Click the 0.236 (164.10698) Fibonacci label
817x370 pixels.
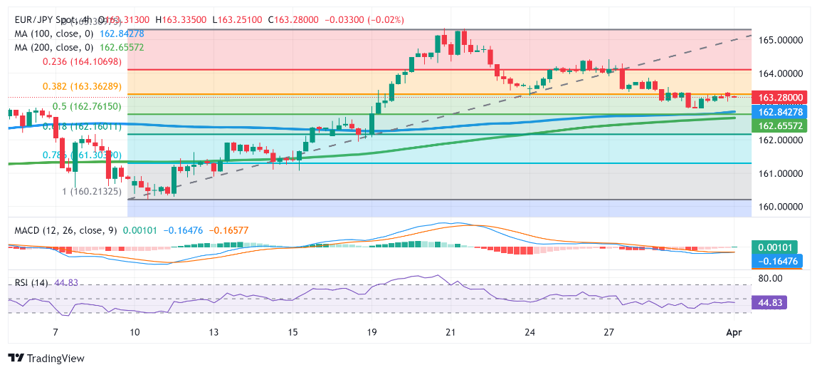coord(82,62)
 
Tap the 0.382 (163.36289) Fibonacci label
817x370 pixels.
coord(82,86)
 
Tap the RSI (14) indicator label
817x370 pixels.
coord(31,283)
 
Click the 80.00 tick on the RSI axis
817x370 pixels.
coord(771,278)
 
